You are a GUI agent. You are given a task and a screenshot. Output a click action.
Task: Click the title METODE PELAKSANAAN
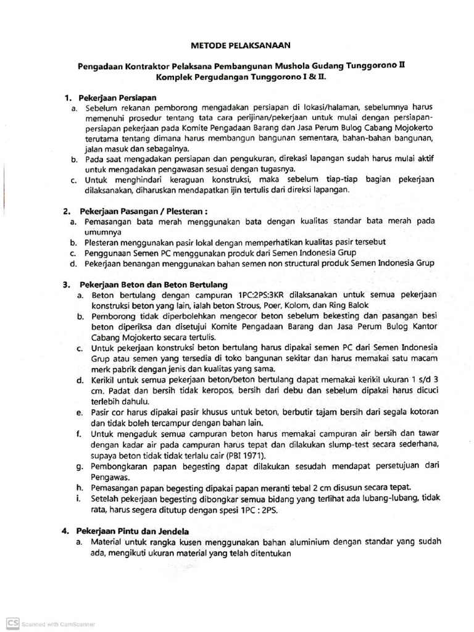[x=237, y=45]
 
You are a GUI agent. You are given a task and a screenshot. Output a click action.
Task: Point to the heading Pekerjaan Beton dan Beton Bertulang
[x=153, y=285]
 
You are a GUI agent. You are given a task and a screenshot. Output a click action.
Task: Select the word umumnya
[x=102, y=231]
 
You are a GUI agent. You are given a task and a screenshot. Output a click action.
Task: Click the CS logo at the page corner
[x=12, y=625]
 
